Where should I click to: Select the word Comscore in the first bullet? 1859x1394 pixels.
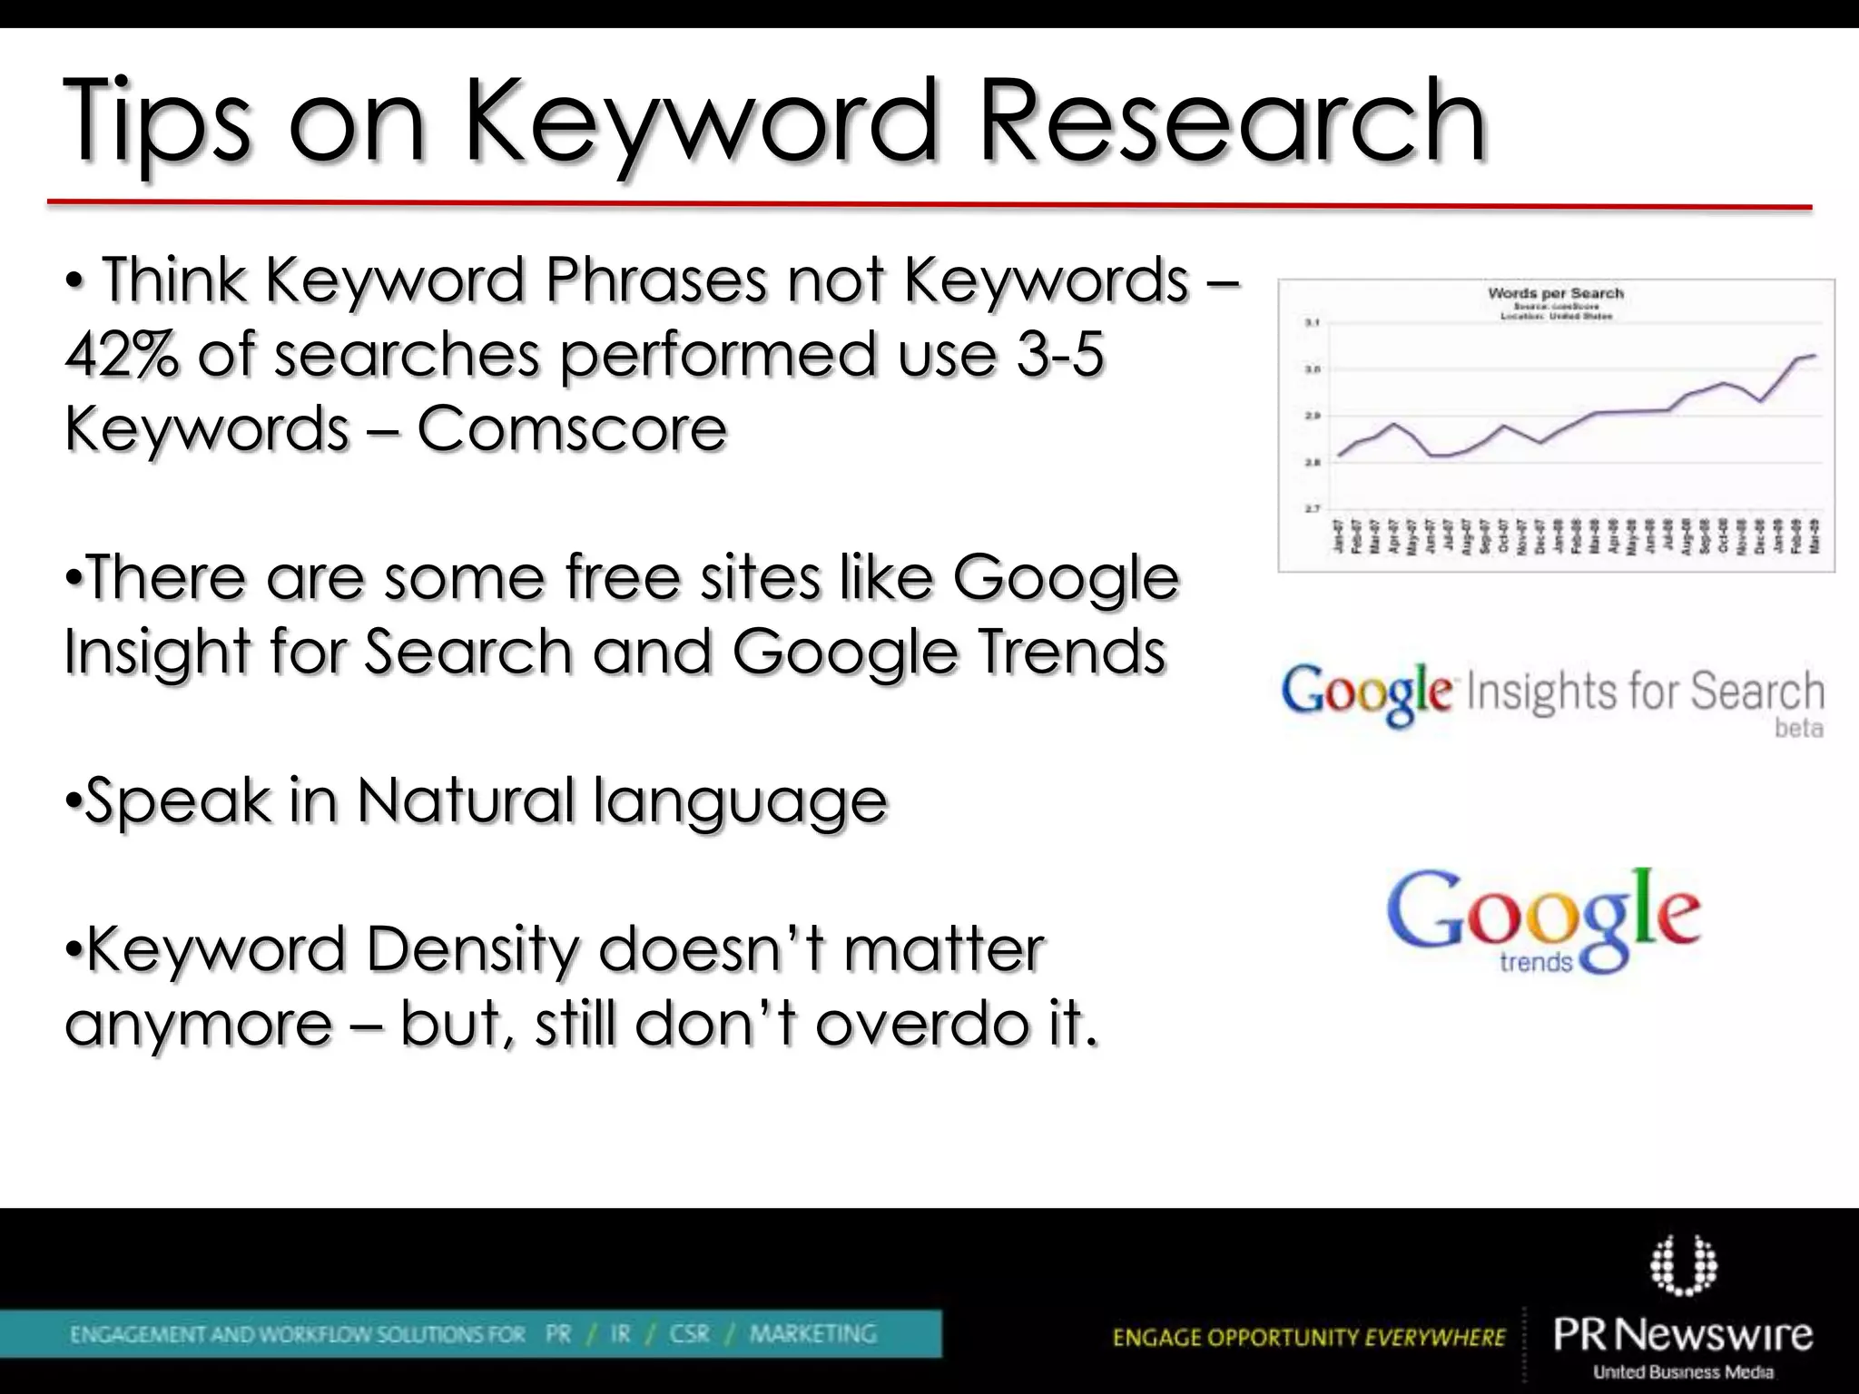(x=572, y=428)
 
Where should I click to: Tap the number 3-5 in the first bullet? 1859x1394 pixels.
(x=1059, y=354)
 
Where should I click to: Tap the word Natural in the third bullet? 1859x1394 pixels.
(x=466, y=800)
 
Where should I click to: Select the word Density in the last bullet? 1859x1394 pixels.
(x=472, y=949)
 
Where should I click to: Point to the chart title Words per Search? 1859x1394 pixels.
(x=1555, y=293)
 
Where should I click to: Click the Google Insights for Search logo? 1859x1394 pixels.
(x=1552, y=694)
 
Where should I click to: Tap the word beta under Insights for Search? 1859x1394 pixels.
(x=1798, y=728)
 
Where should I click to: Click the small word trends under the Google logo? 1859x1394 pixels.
(x=1535, y=962)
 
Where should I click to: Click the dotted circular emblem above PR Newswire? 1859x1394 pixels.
(x=1683, y=1263)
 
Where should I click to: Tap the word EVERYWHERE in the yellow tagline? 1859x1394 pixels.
(x=1434, y=1337)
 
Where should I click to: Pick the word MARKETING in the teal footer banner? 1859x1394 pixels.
(x=812, y=1333)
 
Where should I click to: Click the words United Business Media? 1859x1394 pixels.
(x=1683, y=1371)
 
